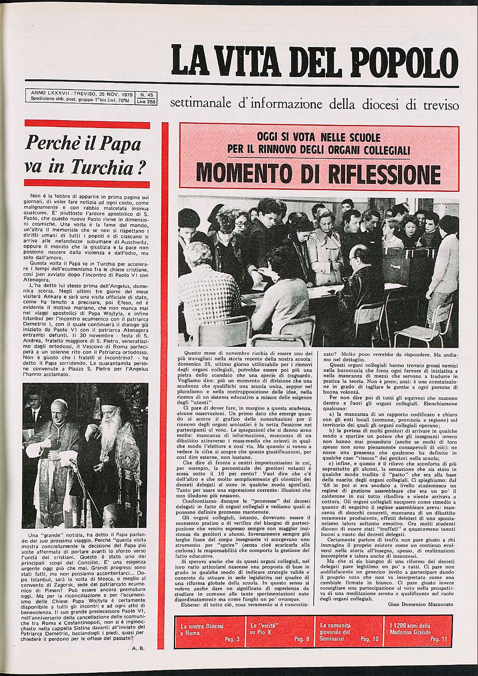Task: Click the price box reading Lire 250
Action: point(146,102)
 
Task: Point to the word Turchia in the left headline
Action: point(102,167)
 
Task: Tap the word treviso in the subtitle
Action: point(439,105)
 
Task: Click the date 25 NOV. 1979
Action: point(113,94)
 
